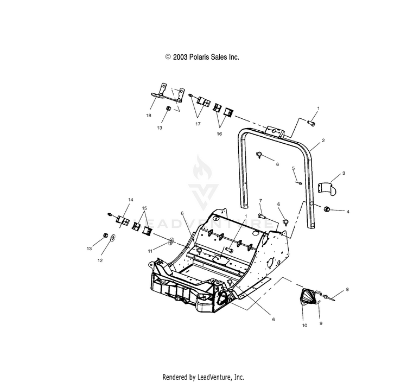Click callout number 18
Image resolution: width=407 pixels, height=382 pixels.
point(149,116)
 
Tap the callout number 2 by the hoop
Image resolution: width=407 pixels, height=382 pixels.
point(323,141)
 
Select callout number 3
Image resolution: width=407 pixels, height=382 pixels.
point(344,173)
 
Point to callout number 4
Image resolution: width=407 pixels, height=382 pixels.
point(348,212)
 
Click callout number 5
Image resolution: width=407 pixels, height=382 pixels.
point(293,168)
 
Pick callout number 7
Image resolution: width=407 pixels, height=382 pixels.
point(260,200)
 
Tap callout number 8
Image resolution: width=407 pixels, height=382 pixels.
point(347,289)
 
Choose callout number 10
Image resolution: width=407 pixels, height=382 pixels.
point(304,326)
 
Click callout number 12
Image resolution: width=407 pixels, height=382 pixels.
point(100,260)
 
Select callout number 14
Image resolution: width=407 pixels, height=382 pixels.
point(131,200)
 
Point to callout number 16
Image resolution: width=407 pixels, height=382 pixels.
point(219,134)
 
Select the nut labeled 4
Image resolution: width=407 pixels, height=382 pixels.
point(326,208)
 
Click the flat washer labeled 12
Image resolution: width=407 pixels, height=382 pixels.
point(113,238)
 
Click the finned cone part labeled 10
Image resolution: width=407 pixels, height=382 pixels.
point(310,297)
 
